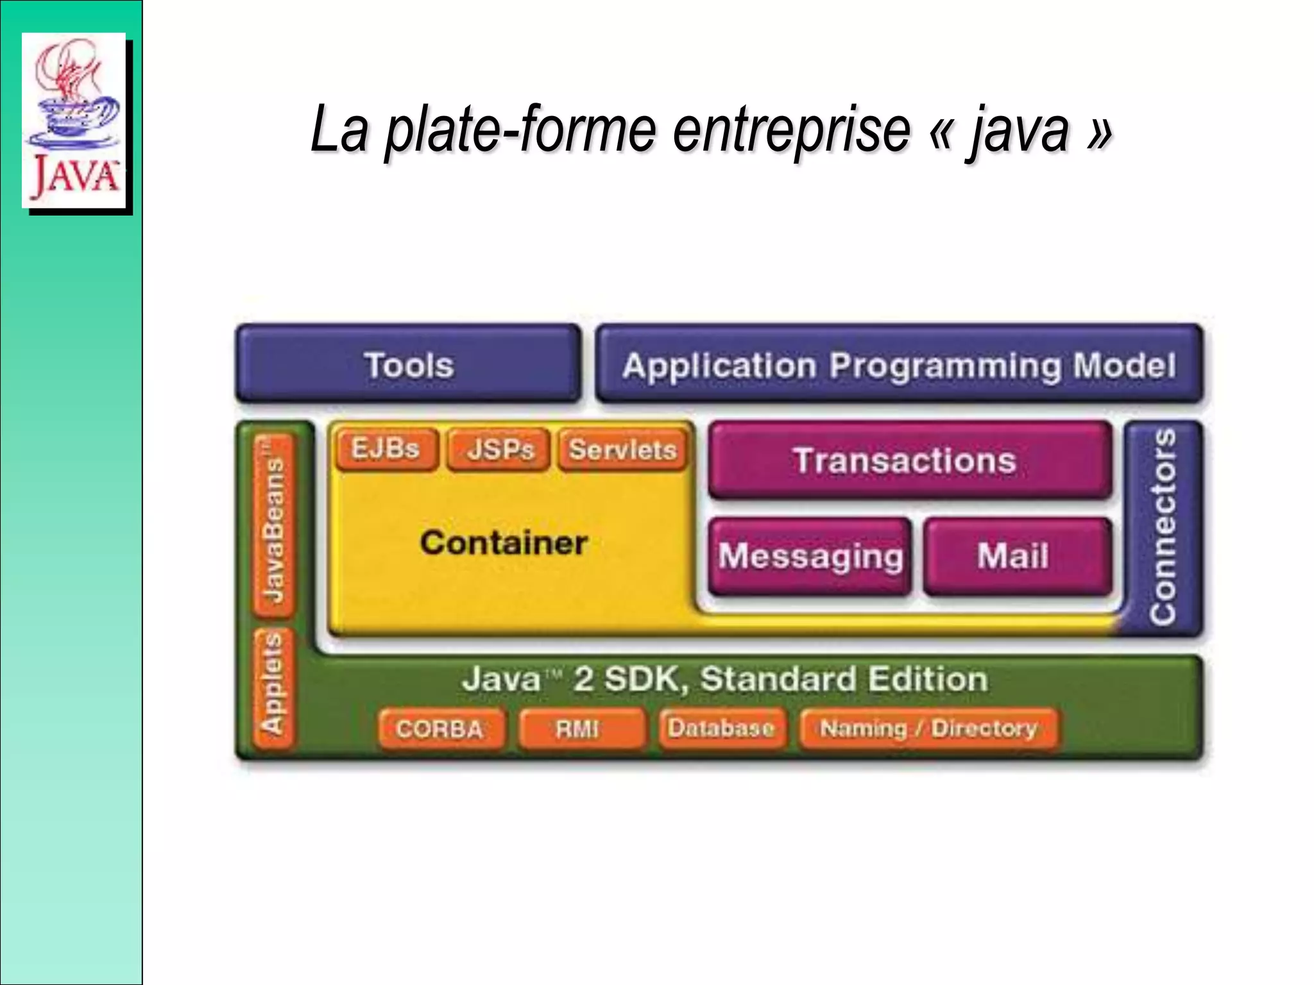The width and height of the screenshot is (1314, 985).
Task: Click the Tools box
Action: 409,364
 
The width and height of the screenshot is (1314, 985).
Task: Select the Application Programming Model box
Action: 899,364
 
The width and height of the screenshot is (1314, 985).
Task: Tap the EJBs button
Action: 386,449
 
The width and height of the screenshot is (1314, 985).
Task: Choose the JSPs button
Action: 499,449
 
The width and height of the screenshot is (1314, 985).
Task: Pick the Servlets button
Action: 622,449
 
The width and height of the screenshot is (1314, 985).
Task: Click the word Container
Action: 504,543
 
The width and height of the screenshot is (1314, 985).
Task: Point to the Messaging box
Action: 810,556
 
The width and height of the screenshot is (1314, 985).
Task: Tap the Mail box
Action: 1018,556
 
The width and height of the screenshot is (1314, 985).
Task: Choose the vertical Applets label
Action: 274,687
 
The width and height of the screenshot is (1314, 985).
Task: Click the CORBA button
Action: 440,728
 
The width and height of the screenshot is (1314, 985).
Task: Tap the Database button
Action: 721,728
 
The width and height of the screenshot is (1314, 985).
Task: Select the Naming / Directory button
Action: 928,728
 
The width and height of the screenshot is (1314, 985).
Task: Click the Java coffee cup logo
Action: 74,119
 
